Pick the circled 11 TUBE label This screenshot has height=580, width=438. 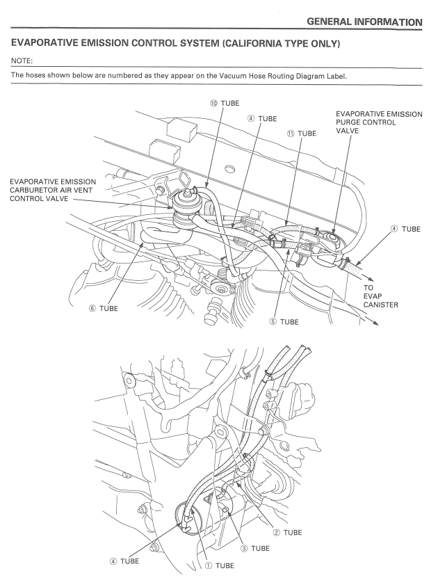point(298,132)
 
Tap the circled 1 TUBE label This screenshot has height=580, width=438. point(214,564)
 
